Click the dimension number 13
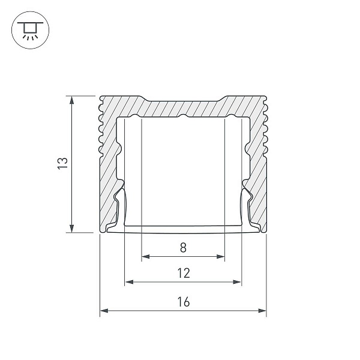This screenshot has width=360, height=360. coord(62,163)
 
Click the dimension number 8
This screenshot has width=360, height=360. coord(183,248)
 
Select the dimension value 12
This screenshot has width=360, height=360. coord(184,273)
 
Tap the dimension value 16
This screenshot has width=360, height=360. coord(184,302)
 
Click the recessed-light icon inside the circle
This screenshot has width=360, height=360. coord(30,31)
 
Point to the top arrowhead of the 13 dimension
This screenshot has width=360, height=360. coord(72,100)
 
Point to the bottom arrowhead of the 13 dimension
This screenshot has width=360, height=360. coord(72,229)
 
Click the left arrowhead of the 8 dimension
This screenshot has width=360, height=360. coord(146,256)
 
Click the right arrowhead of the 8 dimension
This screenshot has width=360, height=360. coord(220,256)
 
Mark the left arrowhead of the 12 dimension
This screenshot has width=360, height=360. coord(129,282)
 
